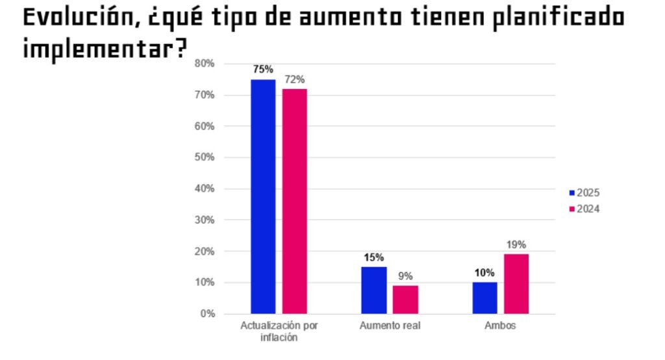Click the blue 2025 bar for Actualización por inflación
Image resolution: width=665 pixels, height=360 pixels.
tap(263, 196)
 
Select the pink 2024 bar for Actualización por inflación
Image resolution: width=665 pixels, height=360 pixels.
tap(294, 201)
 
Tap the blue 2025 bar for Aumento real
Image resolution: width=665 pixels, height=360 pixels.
tap(373, 290)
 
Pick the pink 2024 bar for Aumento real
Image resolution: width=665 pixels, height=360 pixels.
tap(405, 300)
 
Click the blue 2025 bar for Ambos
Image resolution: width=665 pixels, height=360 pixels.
tap(484, 298)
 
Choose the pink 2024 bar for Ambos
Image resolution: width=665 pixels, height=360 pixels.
tap(516, 283)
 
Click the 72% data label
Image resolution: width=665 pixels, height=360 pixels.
tap(294, 79)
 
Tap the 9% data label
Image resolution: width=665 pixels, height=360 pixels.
tap(405, 276)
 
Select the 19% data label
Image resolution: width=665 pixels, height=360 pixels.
tap(516, 244)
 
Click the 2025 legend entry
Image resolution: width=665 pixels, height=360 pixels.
tap(584, 193)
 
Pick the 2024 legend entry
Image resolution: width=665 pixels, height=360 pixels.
tap(584, 209)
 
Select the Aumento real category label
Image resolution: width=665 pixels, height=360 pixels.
tap(390, 326)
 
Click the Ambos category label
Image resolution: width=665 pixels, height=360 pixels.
tap(500, 326)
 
